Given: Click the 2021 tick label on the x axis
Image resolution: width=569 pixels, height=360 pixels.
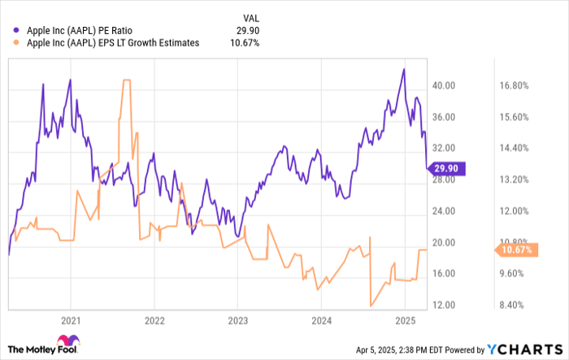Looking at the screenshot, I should click(x=71, y=320).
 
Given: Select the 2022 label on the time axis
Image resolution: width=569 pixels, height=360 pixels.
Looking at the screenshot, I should click(x=154, y=320).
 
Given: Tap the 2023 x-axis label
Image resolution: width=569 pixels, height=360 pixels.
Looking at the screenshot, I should click(x=237, y=320).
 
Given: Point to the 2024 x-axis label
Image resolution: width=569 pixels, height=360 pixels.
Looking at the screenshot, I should click(x=321, y=320).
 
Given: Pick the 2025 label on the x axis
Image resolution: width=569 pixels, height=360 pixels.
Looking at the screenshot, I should click(x=405, y=320).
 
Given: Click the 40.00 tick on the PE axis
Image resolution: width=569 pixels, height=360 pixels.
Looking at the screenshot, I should click(x=450, y=85).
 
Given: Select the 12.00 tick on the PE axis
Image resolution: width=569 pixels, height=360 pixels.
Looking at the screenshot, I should click(x=450, y=306).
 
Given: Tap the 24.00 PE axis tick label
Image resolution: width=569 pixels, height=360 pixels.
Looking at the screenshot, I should click(x=450, y=211).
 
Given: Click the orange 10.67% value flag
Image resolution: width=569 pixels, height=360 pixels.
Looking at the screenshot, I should click(x=516, y=249).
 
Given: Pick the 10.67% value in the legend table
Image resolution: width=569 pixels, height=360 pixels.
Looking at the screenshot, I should click(x=243, y=42).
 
